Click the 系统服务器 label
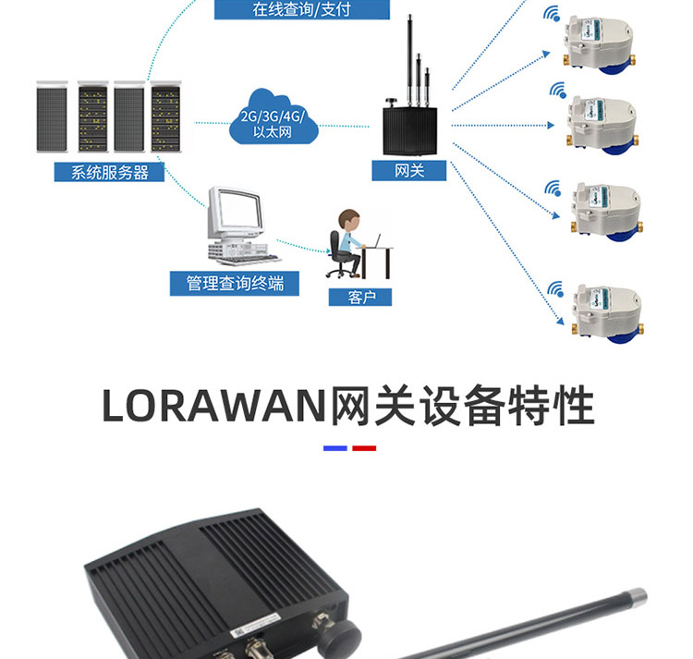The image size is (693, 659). (x=108, y=172)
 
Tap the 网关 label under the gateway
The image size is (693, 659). (x=408, y=171)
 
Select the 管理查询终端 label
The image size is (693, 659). (x=234, y=283)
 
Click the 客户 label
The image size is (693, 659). (x=359, y=297)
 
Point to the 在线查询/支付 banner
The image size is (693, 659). (x=301, y=10)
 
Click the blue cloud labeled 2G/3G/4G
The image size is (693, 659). (x=273, y=116)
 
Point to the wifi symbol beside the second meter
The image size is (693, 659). (x=558, y=91)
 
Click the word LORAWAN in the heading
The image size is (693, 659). (x=214, y=406)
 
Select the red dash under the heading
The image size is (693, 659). (x=365, y=448)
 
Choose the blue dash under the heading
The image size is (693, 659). (x=334, y=448)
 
